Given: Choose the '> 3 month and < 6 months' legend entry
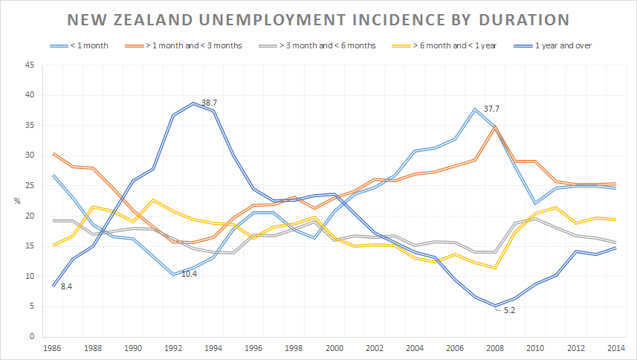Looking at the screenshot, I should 328,45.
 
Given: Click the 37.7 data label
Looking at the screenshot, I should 493,109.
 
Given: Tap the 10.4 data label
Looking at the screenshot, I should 190,274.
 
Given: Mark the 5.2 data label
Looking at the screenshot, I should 509,310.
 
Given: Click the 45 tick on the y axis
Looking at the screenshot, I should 30,65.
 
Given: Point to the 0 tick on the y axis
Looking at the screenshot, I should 32,336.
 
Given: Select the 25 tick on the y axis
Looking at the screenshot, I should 30,185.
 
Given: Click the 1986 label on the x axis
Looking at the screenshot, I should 53,347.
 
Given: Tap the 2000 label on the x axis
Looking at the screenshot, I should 335,347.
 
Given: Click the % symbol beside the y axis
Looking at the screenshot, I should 17,201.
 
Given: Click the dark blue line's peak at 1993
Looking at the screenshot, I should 193,103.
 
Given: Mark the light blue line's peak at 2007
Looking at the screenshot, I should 474,109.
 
